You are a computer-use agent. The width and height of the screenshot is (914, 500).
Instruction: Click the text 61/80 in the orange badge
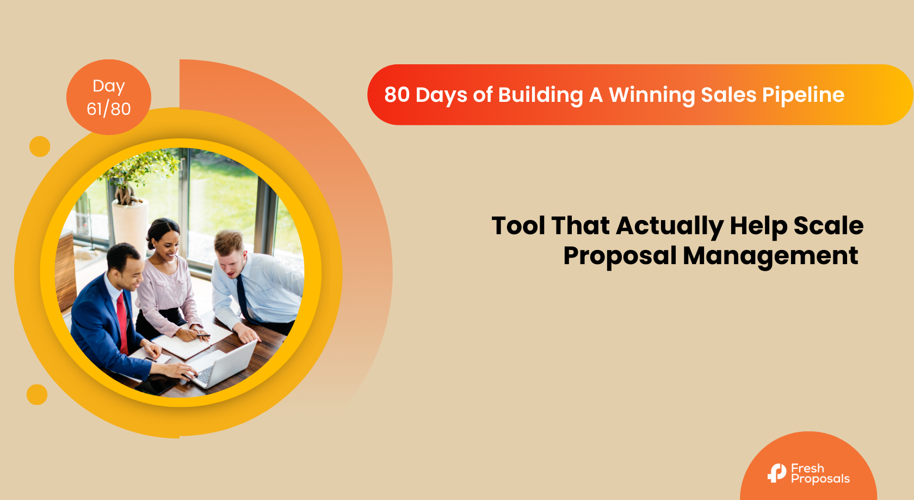click(x=109, y=109)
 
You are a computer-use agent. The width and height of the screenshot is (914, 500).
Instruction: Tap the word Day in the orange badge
click(x=109, y=87)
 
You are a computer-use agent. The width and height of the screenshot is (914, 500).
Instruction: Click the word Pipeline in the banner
click(x=803, y=95)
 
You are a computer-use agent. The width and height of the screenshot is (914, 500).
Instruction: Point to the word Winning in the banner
click(x=651, y=95)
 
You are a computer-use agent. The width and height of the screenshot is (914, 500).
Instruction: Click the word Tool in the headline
click(x=518, y=225)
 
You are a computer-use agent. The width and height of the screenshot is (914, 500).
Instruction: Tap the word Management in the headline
click(x=770, y=257)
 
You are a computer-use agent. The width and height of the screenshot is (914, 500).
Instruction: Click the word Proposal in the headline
click(x=620, y=257)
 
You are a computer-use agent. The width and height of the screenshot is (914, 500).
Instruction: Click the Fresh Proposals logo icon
click(x=776, y=473)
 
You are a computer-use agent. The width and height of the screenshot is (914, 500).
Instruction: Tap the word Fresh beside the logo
click(x=807, y=468)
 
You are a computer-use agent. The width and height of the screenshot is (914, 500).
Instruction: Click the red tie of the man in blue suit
click(x=122, y=322)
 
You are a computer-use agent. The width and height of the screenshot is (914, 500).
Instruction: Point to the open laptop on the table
click(x=223, y=364)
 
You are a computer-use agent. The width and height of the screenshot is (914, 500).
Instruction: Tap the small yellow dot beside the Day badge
click(x=40, y=146)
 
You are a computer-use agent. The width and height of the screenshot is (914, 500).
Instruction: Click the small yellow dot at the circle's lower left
click(x=37, y=394)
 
